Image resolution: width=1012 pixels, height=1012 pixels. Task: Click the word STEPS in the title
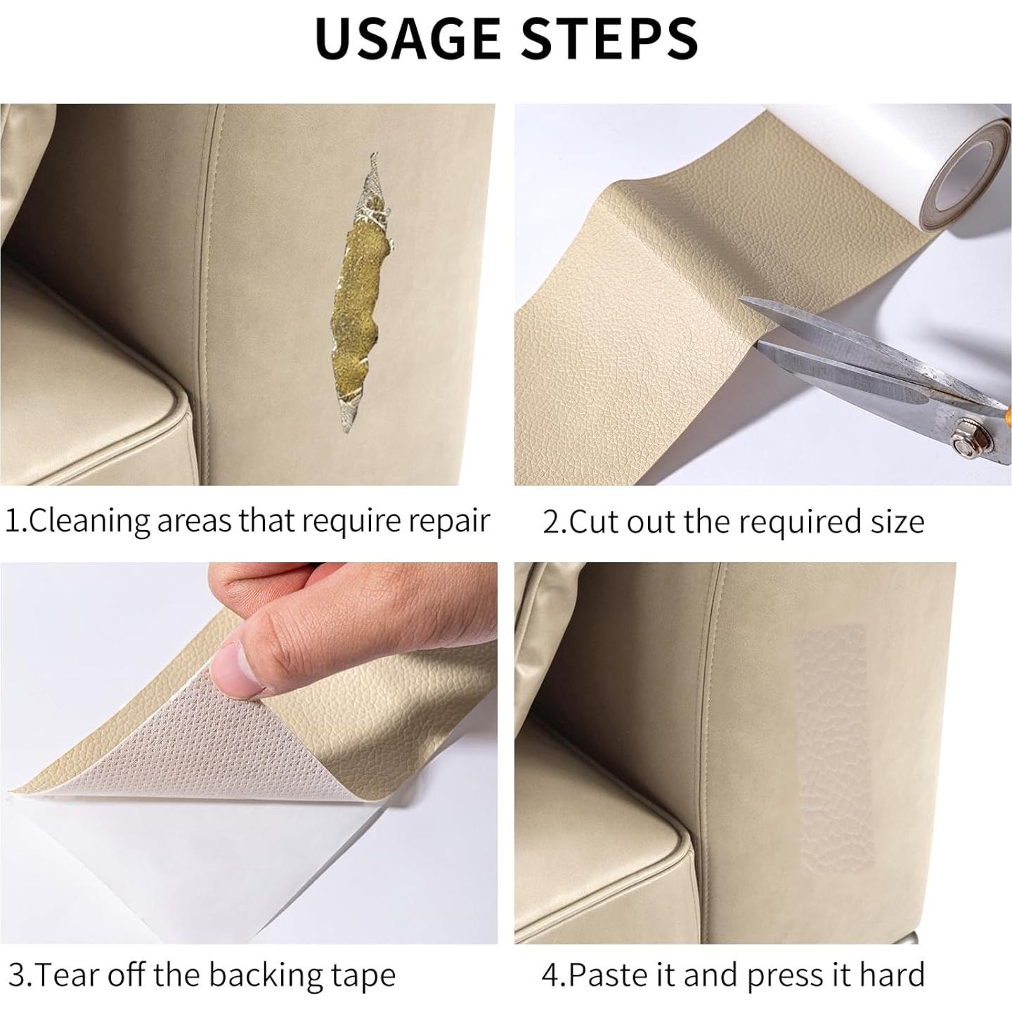[609, 38]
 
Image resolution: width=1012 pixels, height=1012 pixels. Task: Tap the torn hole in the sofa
[362, 295]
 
